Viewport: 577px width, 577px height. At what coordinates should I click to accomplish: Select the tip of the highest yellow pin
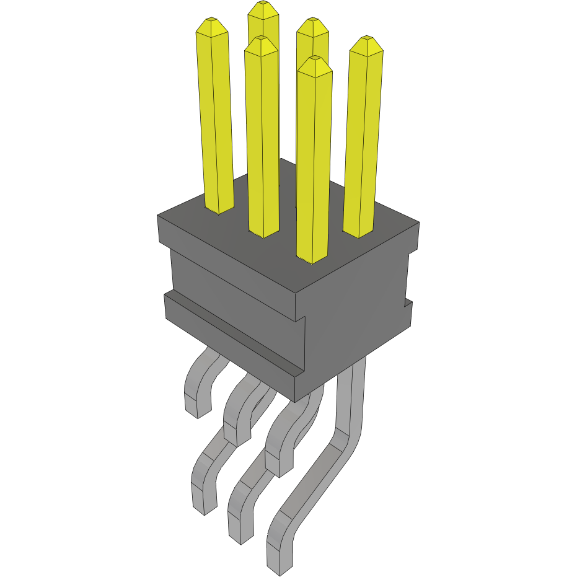[263, 4]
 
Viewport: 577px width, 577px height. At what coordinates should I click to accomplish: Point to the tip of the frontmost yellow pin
[314, 58]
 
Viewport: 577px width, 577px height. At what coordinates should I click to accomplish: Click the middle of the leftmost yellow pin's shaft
[215, 118]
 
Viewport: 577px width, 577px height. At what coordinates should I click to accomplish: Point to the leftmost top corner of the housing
[157, 216]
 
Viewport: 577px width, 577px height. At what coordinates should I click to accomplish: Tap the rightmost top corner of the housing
[420, 223]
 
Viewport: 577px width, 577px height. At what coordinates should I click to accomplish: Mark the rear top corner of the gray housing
[281, 159]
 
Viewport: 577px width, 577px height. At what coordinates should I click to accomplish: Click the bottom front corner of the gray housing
[295, 400]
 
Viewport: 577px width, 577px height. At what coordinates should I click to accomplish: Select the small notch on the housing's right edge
[408, 302]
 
